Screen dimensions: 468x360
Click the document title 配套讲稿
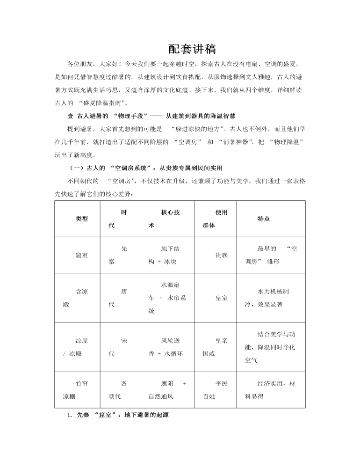pyautogui.click(x=192, y=49)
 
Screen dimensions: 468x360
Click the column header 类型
pyautogui.click(x=82, y=219)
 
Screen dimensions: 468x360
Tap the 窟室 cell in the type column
pyautogui.click(x=82, y=255)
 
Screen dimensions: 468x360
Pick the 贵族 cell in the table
pyautogui.click(x=222, y=255)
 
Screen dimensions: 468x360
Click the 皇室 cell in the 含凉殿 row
pyautogui.click(x=222, y=298)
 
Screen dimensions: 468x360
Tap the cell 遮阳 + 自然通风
pyautogui.click(x=167, y=390)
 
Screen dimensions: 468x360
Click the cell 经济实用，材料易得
pyautogui.click(x=270, y=390)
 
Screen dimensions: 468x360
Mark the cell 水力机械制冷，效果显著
pyautogui.click(x=270, y=298)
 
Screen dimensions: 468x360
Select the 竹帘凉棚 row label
pyautogui.click(x=75, y=390)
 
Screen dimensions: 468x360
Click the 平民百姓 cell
pyautogui.click(x=216, y=390)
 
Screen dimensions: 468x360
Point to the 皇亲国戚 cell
pyautogui.click(x=216, y=347)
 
